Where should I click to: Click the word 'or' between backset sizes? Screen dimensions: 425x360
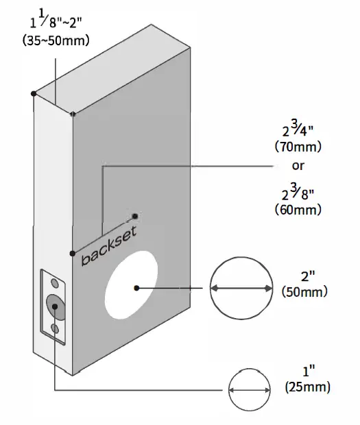point(298,166)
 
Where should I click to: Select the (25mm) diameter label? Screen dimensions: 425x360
point(308,387)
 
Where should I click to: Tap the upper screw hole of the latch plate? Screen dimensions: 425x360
point(54,282)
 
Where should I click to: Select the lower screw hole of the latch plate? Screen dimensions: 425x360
point(54,330)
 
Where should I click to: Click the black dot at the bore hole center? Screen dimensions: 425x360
point(137,288)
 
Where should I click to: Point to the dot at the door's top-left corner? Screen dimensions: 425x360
point(33,92)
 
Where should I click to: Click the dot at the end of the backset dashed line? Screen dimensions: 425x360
point(135,215)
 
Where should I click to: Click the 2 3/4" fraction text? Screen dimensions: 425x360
point(297,128)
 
